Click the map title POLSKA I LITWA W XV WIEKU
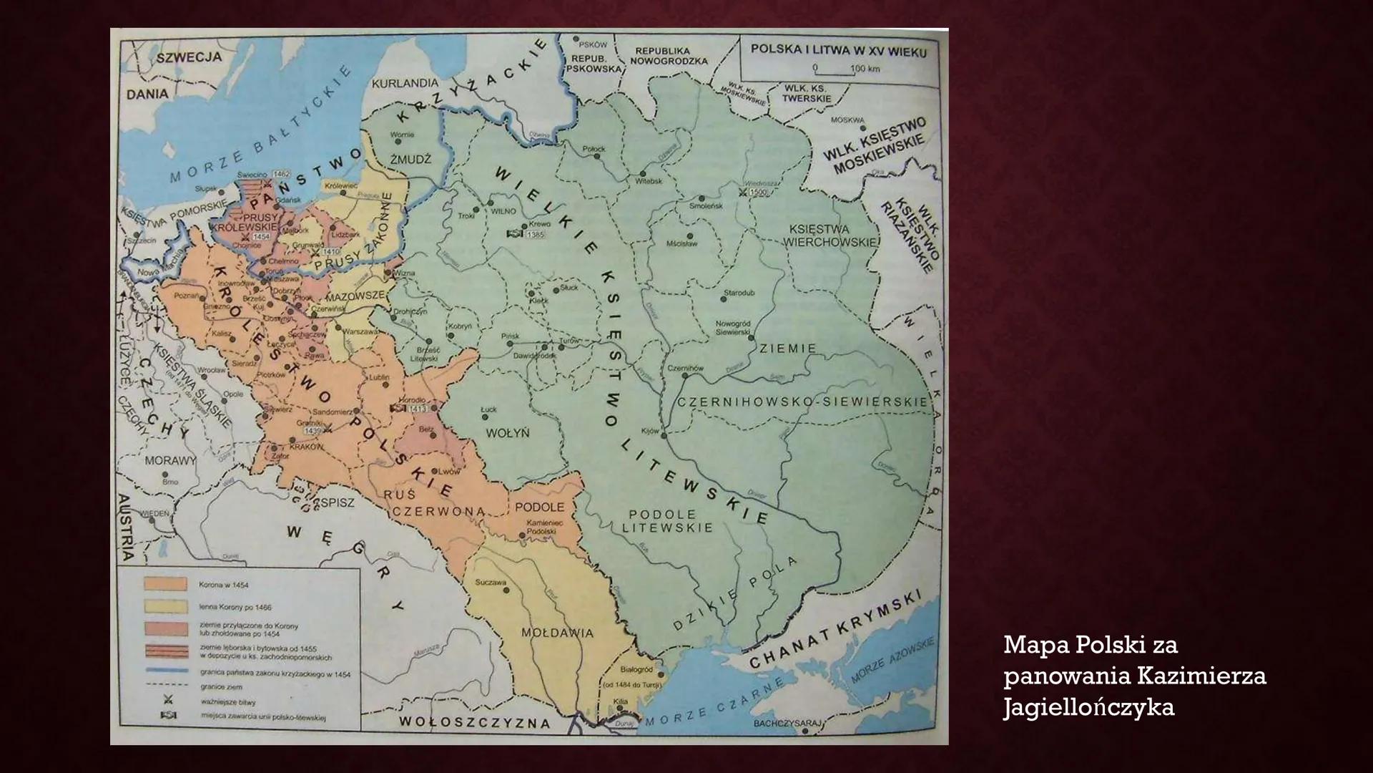(838, 52)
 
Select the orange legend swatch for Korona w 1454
(165, 585)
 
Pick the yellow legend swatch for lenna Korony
(165, 607)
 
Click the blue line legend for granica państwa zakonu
(165, 671)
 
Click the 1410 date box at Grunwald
(331, 252)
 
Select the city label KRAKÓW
(306, 447)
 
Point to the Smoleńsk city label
(705, 205)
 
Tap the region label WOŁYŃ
(507, 433)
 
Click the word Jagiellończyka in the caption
(1088, 708)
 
